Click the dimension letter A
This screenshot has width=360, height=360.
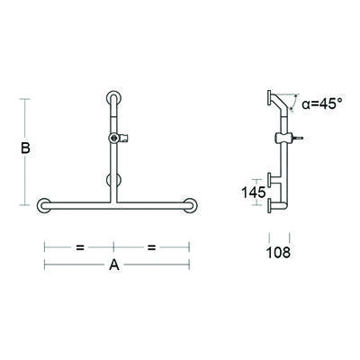click(114, 265)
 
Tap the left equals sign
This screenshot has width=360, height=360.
click(80, 245)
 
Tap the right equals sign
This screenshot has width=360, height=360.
click(151, 245)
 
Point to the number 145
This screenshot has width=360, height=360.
click(253, 192)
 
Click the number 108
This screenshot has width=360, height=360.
click(279, 253)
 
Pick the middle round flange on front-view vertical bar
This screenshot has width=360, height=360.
click(113, 179)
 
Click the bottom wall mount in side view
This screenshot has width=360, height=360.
click(270, 209)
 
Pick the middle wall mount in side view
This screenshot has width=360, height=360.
click(270, 179)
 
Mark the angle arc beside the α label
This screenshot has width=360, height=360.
click(294, 105)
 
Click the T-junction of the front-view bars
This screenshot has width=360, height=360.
click(114, 204)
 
